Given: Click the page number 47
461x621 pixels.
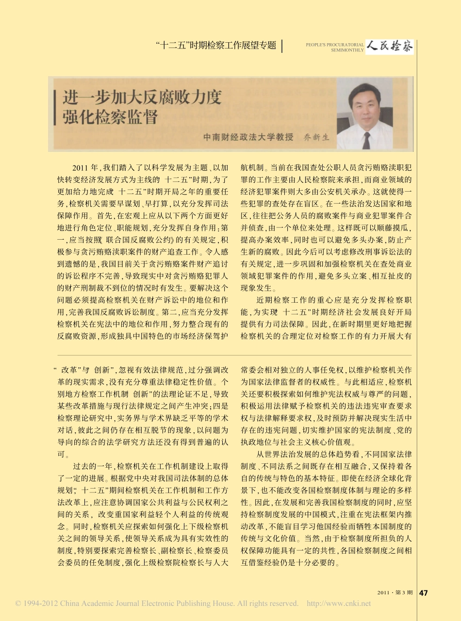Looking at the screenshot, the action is click(x=423, y=592).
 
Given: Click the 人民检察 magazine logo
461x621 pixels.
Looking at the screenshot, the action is click(x=390, y=47).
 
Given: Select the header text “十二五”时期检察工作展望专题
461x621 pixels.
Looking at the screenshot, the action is click(x=217, y=46).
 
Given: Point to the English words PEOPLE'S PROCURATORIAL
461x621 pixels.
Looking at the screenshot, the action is click(x=334, y=44).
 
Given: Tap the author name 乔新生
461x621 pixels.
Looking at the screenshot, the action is click(x=316, y=137).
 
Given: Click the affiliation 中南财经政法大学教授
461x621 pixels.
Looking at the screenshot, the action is click(x=248, y=137).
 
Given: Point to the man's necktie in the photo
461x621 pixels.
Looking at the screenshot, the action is click(x=366, y=140).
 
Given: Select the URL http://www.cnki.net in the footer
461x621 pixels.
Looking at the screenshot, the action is click(x=340, y=604).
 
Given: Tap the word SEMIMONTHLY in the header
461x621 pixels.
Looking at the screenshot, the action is click(x=347, y=50).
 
